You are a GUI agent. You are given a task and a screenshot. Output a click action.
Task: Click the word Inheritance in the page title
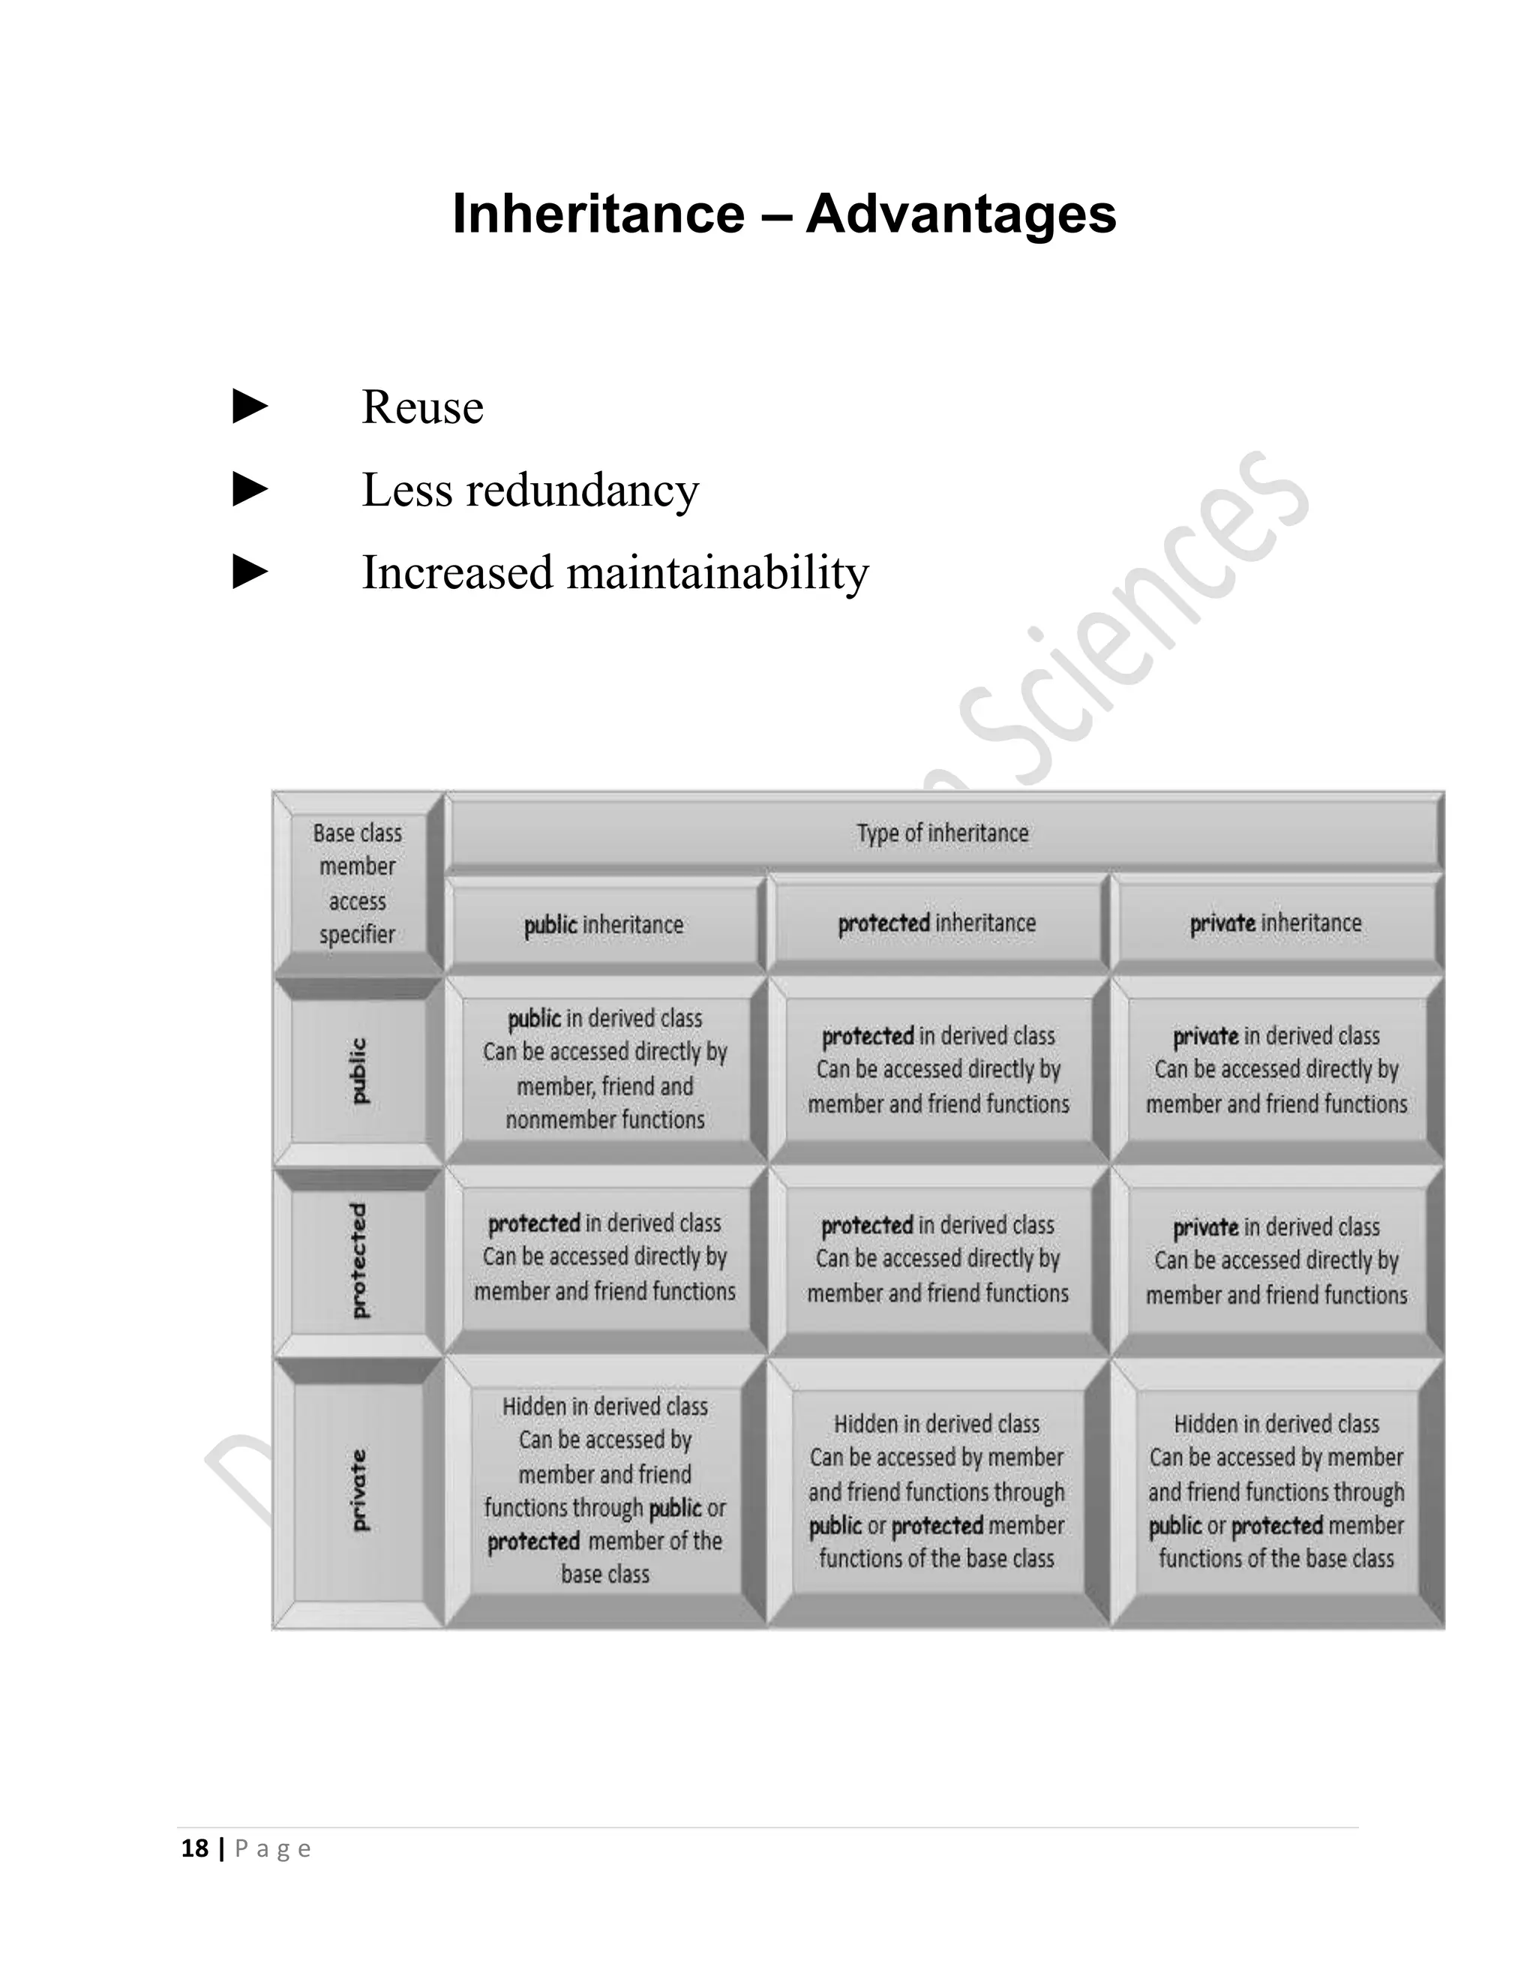[x=598, y=214]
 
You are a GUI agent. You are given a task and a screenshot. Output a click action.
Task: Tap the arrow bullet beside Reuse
[x=250, y=406]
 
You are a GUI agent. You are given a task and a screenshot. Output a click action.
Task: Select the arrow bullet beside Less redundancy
[x=250, y=489]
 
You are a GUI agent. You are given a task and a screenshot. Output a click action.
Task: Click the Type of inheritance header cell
[x=942, y=833]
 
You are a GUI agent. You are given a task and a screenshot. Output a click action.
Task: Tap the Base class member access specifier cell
[x=357, y=884]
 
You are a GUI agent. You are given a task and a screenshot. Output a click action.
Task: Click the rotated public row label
[x=358, y=1071]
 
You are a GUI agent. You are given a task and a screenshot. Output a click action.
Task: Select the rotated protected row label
[x=358, y=1261]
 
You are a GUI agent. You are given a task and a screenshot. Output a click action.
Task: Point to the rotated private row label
[x=358, y=1489]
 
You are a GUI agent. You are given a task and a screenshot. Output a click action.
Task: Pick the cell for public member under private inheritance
[x=1276, y=1070]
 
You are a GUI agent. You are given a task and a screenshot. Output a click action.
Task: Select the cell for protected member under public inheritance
[x=604, y=1257]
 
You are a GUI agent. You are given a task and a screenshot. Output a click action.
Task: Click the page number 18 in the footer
[x=195, y=1848]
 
